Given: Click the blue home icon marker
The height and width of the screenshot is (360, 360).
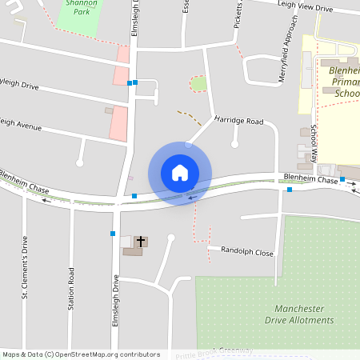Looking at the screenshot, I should pos(180,173).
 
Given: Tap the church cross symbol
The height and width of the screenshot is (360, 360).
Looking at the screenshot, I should pos(141,241).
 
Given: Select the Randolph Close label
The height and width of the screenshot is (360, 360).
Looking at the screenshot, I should pos(247,252).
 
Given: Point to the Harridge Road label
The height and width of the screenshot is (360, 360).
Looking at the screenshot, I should pos(238,121).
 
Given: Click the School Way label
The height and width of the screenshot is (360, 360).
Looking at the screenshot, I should pos(314,144).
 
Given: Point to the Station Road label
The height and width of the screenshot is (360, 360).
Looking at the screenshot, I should pos(71,289).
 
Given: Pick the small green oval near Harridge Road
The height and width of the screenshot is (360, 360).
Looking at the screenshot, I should pos(198,83).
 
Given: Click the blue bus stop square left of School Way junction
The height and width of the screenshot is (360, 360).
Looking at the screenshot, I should pos(290,190).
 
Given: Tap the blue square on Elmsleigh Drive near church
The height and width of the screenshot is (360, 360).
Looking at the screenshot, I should pos(113,234).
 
